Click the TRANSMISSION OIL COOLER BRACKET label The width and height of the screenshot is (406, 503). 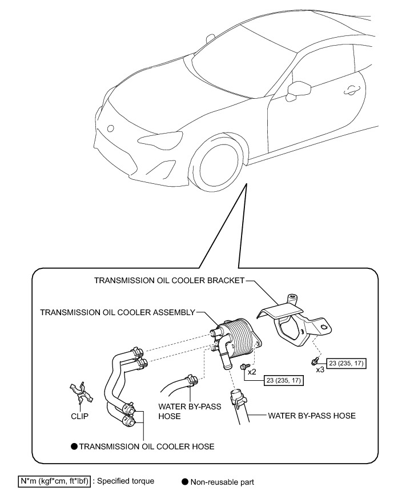[169, 280]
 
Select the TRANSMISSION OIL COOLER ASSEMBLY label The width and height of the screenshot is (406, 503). [117, 312]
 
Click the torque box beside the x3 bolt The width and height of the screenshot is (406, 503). [346, 363]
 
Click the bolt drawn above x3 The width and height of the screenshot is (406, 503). [314, 360]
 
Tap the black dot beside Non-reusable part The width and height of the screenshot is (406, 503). [184, 482]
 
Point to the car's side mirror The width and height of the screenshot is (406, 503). [299, 88]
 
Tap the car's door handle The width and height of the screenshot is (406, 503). [349, 88]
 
